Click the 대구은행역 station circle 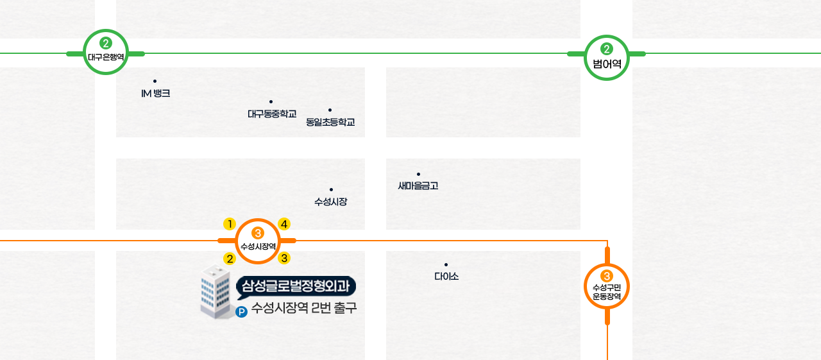tap(106, 52)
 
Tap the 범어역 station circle tap(607, 57)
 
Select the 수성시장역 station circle tap(258, 241)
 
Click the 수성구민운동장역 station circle tap(607, 286)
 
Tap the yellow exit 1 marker tap(229, 224)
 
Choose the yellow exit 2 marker tap(230, 258)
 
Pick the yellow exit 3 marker tap(285, 258)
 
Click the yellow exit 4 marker tap(284, 224)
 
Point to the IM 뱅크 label tap(155, 94)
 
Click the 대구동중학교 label tap(272, 114)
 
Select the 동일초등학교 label tap(330, 122)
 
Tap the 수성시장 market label tap(331, 201)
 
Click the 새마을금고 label tap(418, 186)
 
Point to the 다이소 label tap(446, 277)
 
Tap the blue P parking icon tap(242, 313)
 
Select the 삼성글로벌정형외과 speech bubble tap(296, 286)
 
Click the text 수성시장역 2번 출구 tap(304, 308)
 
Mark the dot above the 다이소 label tap(446, 264)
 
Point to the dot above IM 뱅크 tap(155, 81)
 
